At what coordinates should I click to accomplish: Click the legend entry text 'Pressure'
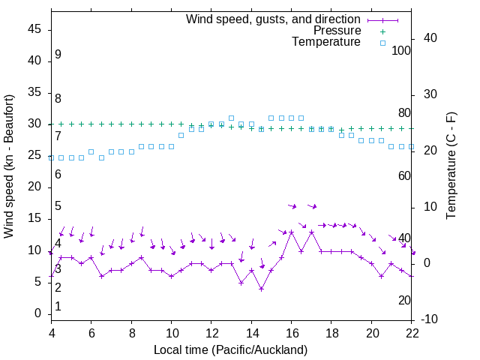(337, 31)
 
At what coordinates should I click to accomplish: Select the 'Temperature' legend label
(326, 43)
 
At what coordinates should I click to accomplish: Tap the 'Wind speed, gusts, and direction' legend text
(273, 19)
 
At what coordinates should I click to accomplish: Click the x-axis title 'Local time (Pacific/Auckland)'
(230, 349)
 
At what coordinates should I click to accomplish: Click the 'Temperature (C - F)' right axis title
(451, 166)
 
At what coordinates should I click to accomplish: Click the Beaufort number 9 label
(58, 55)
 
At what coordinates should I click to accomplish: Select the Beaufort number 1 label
(58, 307)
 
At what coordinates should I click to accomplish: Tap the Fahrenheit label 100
(401, 50)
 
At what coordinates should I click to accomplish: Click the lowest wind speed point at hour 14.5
(261, 289)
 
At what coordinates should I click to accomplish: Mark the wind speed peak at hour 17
(311, 232)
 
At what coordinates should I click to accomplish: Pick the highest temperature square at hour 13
(231, 118)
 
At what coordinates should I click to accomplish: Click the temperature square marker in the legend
(382, 43)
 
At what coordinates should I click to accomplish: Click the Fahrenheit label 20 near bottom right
(404, 300)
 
